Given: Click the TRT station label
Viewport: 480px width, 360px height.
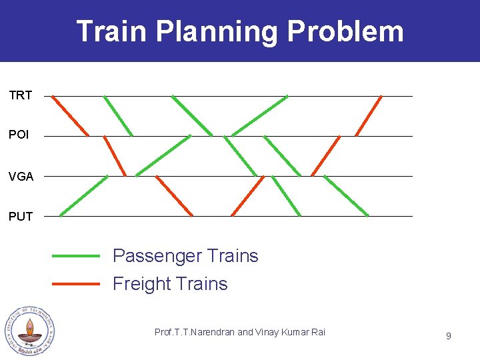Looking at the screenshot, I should pyautogui.click(x=21, y=95).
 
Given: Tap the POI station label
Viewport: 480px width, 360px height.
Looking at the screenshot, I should pyautogui.click(x=19, y=135).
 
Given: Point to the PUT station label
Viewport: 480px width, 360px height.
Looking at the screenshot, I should pyautogui.click(x=21, y=217).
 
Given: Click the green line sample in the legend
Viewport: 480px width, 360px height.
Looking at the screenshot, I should pyautogui.click(x=76, y=255).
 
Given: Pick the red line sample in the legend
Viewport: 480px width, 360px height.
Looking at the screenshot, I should pyautogui.click(x=76, y=283).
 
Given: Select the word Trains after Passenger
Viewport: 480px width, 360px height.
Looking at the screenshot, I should pyautogui.click(x=233, y=256).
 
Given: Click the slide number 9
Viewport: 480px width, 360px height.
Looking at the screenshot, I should pyautogui.click(x=448, y=336).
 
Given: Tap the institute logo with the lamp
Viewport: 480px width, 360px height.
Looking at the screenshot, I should pyautogui.click(x=30, y=331).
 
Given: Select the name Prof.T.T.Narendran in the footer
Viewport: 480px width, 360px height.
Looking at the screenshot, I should pyautogui.click(x=195, y=332).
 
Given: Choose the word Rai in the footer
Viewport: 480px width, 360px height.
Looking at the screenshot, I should pyautogui.click(x=319, y=332).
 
